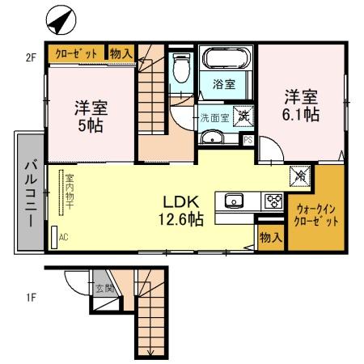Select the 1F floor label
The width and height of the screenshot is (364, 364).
pos(30,296)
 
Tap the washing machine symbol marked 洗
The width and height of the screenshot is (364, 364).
pos(242,116)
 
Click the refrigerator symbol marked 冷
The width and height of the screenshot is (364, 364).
pos(298,173)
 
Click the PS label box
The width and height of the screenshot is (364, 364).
pos(248,139)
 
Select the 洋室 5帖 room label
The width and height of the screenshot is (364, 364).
pos(92,116)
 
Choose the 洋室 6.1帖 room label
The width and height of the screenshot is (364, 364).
pos(300,104)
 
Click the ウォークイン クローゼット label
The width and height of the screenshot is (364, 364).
pos(312,214)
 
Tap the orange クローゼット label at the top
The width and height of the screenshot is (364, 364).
pos(76,53)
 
